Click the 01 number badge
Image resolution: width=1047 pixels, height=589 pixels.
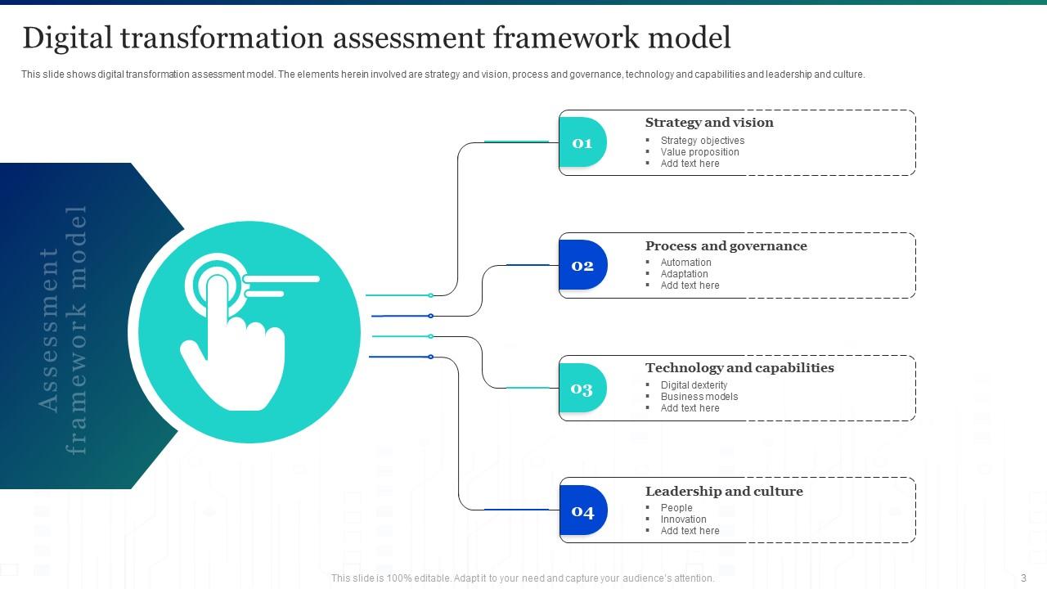coord(582,142)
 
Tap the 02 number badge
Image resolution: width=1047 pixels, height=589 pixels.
coord(582,265)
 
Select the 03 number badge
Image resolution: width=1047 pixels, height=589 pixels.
coord(582,388)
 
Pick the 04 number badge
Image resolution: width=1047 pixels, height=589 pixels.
coord(582,511)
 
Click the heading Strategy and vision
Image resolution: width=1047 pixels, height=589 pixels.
coord(709,123)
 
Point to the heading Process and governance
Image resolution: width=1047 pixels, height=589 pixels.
coord(726,246)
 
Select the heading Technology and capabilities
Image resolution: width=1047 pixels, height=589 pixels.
coord(739,368)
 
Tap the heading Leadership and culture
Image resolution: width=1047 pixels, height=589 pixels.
coord(724,492)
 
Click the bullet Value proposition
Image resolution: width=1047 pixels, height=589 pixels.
coord(699,152)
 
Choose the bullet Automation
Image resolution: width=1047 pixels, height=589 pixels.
coord(685,263)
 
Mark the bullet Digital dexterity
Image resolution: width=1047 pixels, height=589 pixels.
coord(694,385)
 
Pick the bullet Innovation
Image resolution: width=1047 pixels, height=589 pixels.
coord(683,519)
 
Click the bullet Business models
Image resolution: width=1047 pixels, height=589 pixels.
coord(699,397)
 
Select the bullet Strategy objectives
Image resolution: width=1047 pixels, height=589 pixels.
coord(703,141)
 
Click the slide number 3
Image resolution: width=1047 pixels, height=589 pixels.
coord(1023,578)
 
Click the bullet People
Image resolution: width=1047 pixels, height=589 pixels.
coord(676,508)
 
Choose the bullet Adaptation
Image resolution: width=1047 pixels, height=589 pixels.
coord(685,274)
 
